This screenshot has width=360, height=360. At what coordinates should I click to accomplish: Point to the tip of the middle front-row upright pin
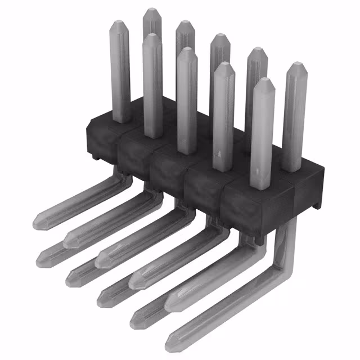pos(187,51)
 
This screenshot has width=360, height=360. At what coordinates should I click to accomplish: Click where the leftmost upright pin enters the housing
pos(121,119)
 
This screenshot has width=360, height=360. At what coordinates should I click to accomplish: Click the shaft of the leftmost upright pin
pos(120,73)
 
